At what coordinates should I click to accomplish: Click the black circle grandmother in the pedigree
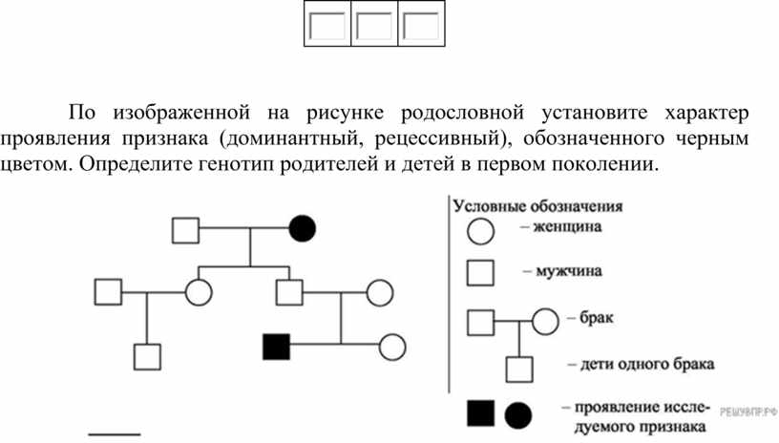click(302, 229)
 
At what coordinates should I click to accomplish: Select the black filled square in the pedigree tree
click(276, 347)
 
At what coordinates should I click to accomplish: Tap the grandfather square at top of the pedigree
click(186, 230)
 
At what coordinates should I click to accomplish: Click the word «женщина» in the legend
click(567, 227)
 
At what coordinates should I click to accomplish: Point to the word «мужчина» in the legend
click(569, 271)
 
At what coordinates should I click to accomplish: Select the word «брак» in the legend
click(596, 317)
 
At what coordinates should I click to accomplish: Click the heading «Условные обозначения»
click(537, 206)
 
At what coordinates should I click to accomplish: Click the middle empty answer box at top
click(374, 24)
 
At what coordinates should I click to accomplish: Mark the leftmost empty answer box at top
click(327, 24)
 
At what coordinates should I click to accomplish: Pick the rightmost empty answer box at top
click(421, 24)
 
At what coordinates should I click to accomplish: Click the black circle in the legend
click(518, 415)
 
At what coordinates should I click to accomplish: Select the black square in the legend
click(481, 413)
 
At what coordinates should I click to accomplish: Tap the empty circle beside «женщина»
click(480, 231)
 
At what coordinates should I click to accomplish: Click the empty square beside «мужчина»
click(480, 273)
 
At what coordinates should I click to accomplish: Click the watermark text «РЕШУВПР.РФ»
click(748, 411)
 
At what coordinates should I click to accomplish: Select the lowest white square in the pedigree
click(148, 357)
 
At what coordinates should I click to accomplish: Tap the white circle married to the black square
click(392, 347)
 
